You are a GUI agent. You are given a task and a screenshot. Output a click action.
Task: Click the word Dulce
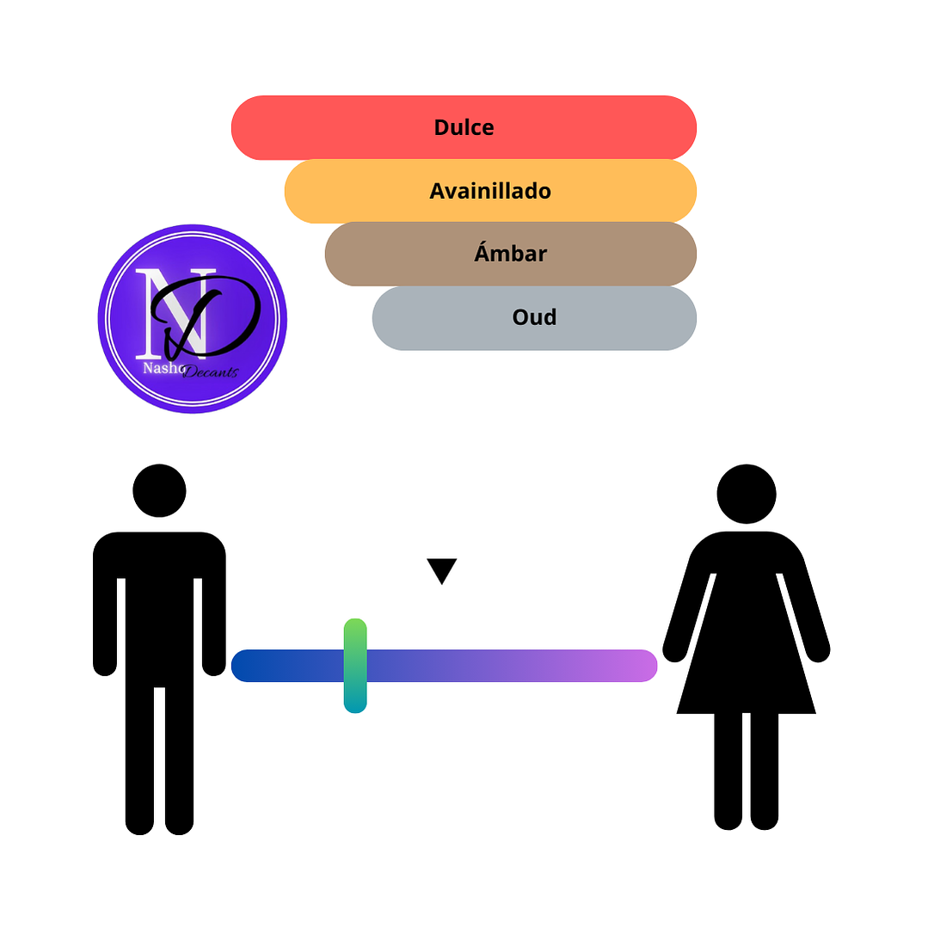[x=464, y=127]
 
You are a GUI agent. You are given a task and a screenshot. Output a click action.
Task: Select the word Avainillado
[x=490, y=191]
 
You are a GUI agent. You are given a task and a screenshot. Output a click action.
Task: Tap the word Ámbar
[x=510, y=254]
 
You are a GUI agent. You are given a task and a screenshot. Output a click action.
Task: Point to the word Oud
[x=534, y=317]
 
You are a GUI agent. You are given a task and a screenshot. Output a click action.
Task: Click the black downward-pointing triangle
[x=441, y=569]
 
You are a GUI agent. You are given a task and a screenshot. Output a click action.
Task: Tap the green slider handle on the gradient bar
[x=355, y=666]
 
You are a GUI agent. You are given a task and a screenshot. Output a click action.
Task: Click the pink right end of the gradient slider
[x=641, y=666]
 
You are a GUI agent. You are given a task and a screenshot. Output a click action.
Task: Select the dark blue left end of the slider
[x=248, y=666]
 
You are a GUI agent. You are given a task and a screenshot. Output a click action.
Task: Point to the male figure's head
[x=159, y=490]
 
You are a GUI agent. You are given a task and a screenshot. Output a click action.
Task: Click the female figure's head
[x=747, y=494]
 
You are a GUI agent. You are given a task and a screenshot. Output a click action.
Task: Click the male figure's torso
[x=159, y=602]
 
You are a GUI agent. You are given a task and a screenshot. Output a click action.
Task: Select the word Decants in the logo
[x=210, y=371]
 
